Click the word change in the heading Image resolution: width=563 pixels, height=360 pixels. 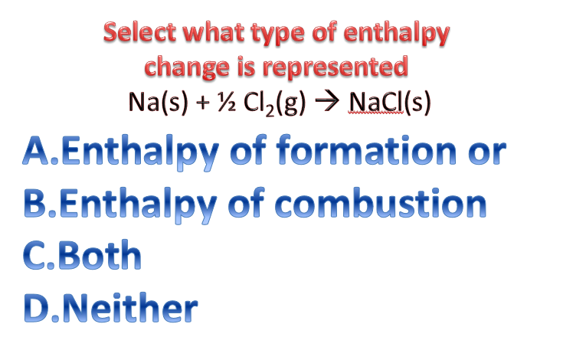[191, 67]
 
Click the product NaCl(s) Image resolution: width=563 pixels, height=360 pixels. [389, 103]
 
